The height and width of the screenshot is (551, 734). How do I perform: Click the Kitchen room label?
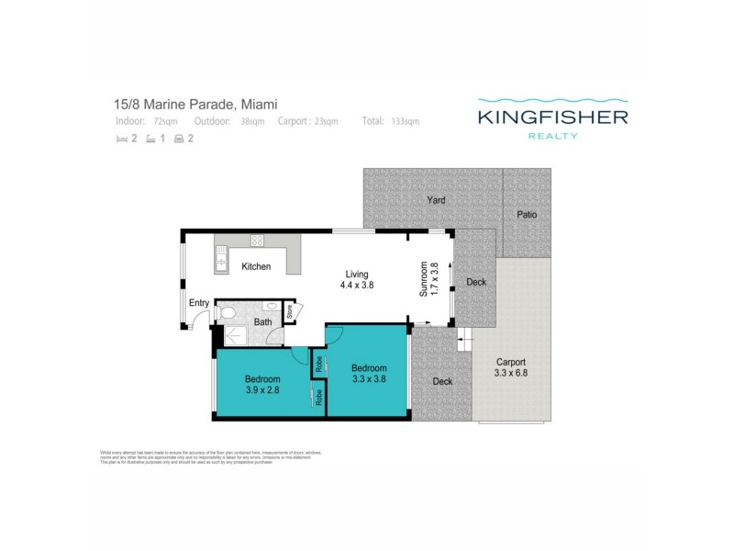click(x=256, y=266)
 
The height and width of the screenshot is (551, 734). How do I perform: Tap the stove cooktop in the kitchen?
click(x=258, y=241)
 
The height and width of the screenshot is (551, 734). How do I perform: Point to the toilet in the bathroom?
click(x=228, y=314)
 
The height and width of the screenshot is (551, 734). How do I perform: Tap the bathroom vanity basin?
click(x=271, y=307)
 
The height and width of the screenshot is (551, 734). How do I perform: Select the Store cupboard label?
click(x=288, y=311)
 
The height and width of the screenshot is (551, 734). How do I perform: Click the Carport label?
click(x=510, y=361)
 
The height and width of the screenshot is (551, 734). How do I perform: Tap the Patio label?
click(x=527, y=215)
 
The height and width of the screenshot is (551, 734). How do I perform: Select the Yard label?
click(x=436, y=199)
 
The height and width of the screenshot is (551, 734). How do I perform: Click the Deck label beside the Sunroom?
click(x=476, y=282)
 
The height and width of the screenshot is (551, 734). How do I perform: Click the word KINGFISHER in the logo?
click(x=552, y=117)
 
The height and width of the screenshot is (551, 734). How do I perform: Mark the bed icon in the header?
click(x=121, y=140)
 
